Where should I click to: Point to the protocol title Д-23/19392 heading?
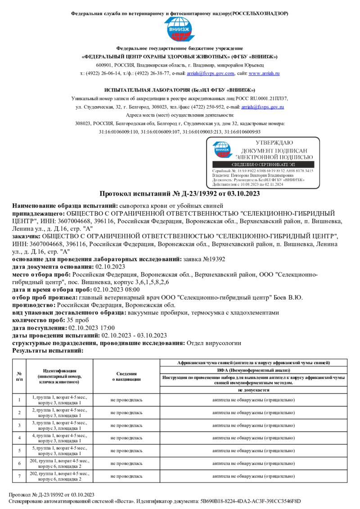point(180,194)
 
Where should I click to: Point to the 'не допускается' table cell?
point(254,390)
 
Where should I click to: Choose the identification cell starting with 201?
point(60,463)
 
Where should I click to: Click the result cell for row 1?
point(254,400)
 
